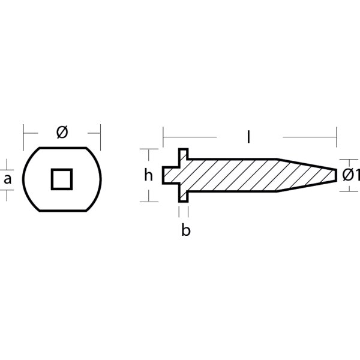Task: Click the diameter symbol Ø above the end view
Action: point(62,133)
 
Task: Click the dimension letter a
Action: point(7,178)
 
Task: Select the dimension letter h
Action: point(149,175)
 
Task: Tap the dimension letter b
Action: point(186,230)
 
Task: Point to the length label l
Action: point(248,137)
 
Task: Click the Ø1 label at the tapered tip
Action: point(350,175)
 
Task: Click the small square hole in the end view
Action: point(62,179)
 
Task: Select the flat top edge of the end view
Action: point(62,148)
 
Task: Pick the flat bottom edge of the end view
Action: point(62,211)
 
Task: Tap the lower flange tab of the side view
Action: point(184,195)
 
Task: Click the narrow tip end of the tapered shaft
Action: point(334,175)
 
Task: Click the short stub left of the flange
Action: point(170,175)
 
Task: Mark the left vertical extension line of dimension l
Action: point(163,138)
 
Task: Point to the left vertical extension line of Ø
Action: point(23,133)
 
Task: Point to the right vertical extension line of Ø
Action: point(100,133)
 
